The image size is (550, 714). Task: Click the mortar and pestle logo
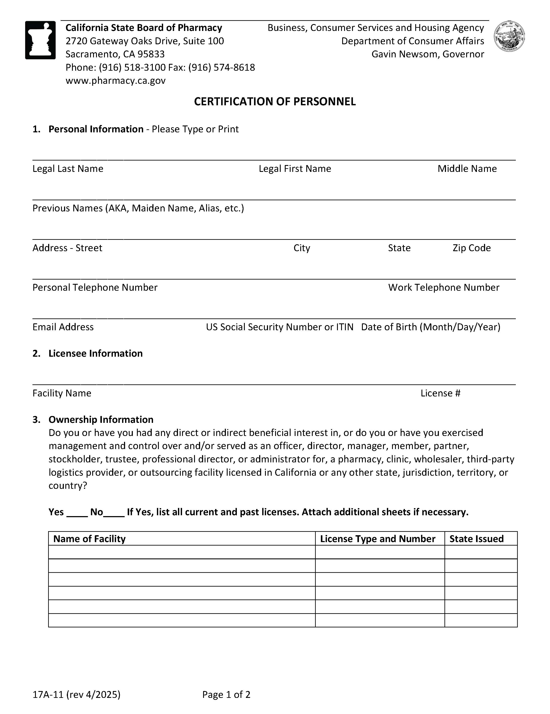tap(40, 40)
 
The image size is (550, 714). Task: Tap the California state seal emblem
tap(509, 36)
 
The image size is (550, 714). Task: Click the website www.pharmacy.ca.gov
tap(115, 80)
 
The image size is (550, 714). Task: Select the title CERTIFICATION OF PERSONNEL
tap(275, 101)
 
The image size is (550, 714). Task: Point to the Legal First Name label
tap(295, 168)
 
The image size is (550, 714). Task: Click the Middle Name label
tap(467, 168)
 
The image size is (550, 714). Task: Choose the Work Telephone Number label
tap(443, 287)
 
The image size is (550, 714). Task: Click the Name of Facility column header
tap(89, 538)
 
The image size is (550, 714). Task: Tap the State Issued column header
tap(476, 538)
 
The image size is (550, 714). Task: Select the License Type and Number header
tap(377, 538)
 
